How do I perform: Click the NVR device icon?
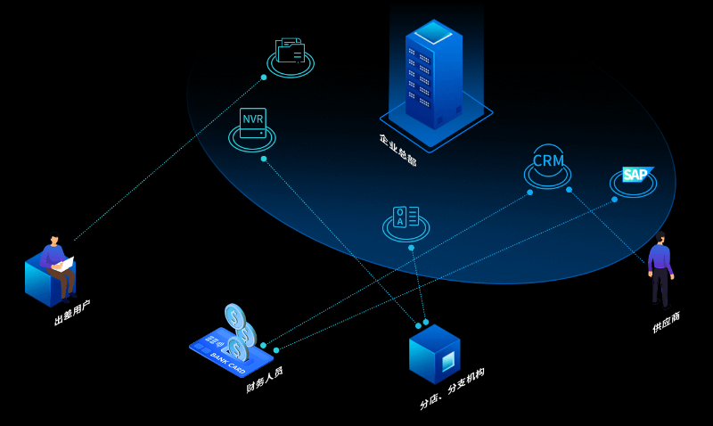pyautogui.click(x=252, y=123)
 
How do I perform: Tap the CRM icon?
pyautogui.click(x=548, y=160)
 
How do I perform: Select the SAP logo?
pyautogui.click(x=635, y=174)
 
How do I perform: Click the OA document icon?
pyautogui.click(x=406, y=217)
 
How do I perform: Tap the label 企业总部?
pyautogui.click(x=397, y=149)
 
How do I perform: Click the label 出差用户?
pyautogui.click(x=72, y=312)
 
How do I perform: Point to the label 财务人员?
pyautogui.click(x=264, y=379)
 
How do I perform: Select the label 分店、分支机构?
pyautogui.click(x=452, y=389)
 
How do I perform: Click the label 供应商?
pyautogui.click(x=666, y=322)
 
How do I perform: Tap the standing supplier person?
pyautogui.click(x=660, y=269)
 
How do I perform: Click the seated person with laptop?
pyautogui.click(x=57, y=263)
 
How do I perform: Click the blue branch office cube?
pyautogui.click(x=435, y=354)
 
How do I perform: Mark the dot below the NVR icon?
pyautogui.click(x=264, y=159)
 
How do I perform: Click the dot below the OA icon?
pyautogui.click(x=411, y=248)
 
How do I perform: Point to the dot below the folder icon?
pyautogui.click(x=264, y=78)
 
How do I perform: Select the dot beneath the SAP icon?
pyautogui.click(x=614, y=200)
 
